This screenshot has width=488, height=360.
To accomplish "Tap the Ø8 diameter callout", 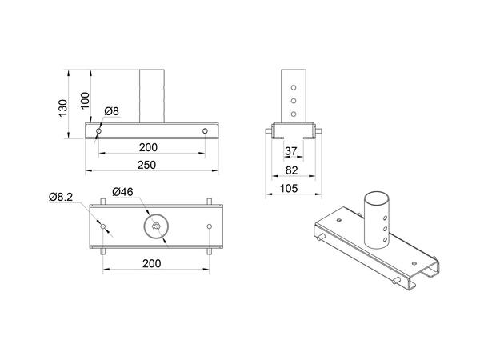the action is [x=111, y=110].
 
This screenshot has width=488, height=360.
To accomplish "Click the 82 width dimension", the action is [x=291, y=170].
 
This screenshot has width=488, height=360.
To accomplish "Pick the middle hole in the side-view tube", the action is [x=293, y=102].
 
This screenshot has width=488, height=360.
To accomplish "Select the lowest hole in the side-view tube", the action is [x=293, y=113].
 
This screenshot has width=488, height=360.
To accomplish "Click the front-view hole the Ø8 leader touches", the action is [x=98, y=130].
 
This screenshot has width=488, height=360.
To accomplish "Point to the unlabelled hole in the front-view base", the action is [x=206, y=130].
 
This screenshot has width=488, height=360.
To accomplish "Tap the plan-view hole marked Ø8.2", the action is [x=104, y=227].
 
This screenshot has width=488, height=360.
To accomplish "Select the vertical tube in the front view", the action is [x=151, y=96].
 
